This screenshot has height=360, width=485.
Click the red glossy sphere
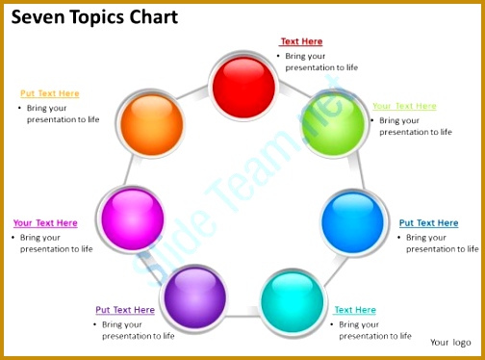pos(243,87)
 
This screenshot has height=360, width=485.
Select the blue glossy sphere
pos(352,221)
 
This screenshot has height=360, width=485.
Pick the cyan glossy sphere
pos(292,301)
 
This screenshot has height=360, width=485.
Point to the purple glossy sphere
pos(194,296)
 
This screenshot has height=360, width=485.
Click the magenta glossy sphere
pos(132,219)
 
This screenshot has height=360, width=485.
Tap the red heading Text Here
pos(301,41)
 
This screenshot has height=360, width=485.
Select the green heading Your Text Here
pos(404,106)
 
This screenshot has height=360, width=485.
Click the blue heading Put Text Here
pos(428,223)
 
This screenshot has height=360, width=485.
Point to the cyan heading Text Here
pos(355,310)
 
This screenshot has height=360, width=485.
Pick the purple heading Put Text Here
pos(125,310)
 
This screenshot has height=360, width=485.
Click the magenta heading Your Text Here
pos(45,223)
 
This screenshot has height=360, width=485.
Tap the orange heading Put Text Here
pos(50,93)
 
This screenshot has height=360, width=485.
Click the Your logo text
pos(450,342)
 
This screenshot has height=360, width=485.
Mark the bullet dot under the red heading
pos(278,56)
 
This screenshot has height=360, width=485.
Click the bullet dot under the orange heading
pos(20,108)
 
